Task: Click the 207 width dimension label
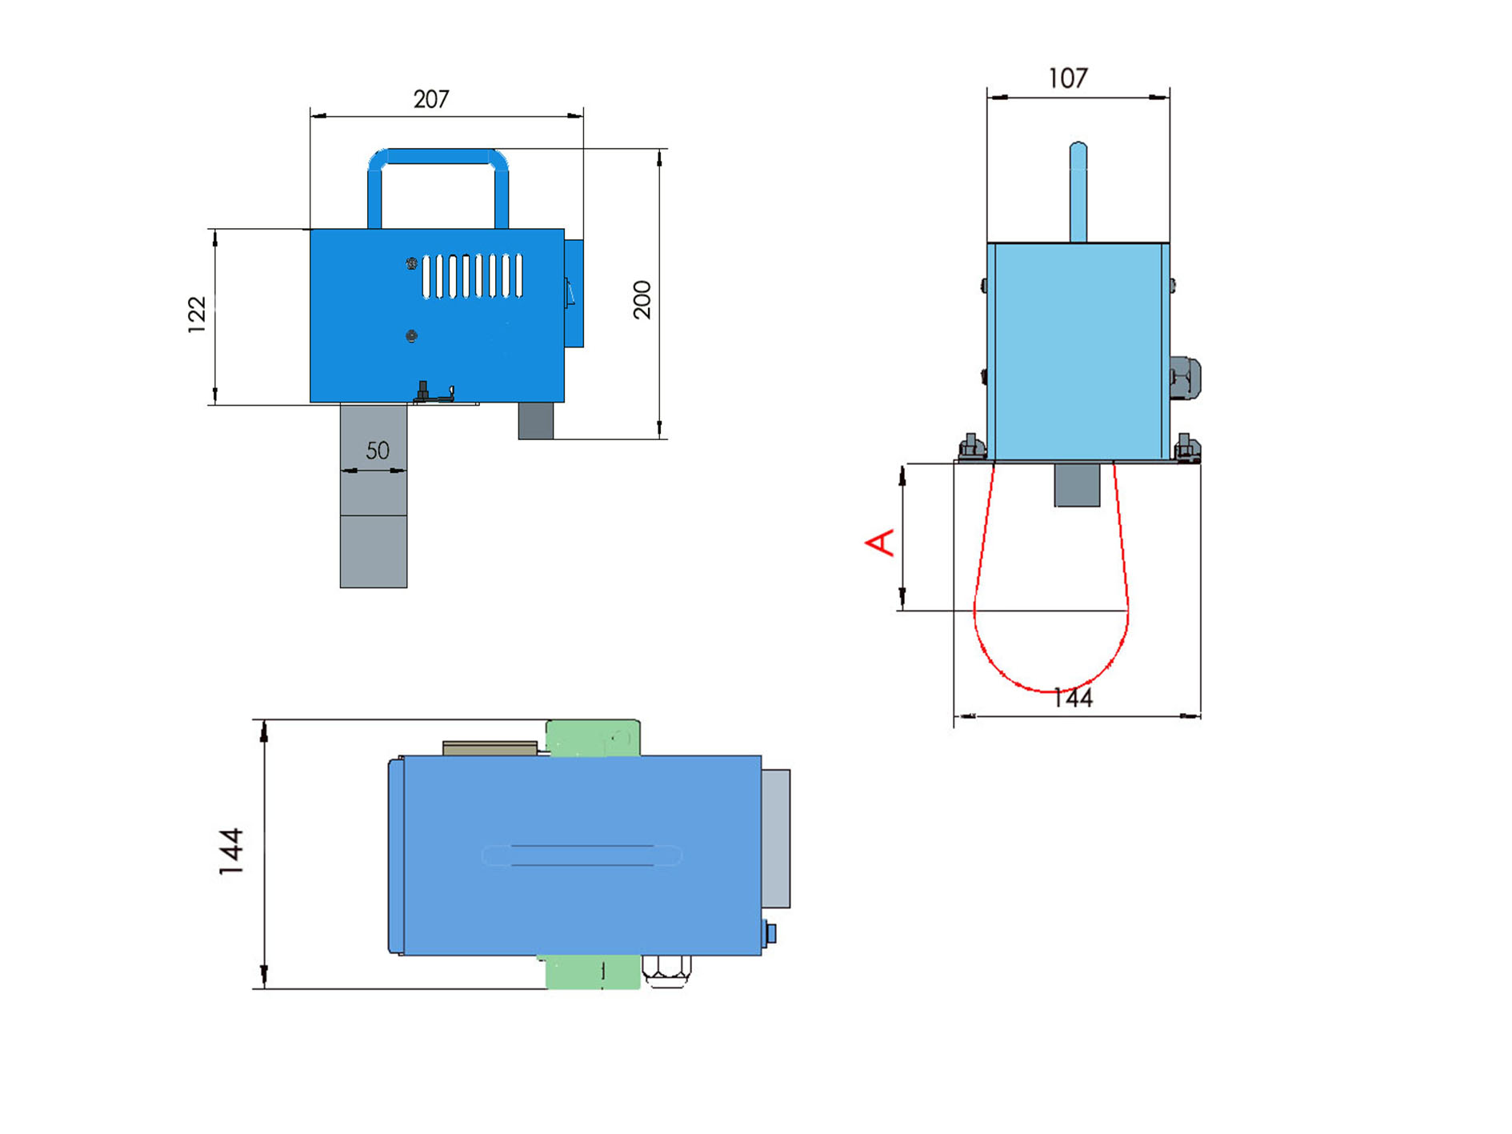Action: point(431,99)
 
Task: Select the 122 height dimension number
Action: point(197,315)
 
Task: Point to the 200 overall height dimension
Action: point(642,300)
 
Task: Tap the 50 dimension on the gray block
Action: point(378,451)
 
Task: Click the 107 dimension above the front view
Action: point(1068,78)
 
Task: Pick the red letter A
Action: point(880,542)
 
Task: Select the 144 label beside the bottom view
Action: point(231,852)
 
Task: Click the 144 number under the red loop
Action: point(1073,699)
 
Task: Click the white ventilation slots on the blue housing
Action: point(472,276)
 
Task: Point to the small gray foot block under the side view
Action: point(536,421)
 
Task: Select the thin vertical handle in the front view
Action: point(1078,192)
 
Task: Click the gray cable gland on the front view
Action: point(1184,378)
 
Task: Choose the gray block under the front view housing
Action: point(1077,483)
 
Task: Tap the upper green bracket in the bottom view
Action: point(593,738)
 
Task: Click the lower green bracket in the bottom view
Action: point(593,972)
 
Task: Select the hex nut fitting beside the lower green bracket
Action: point(666,971)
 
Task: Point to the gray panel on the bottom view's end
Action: point(776,839)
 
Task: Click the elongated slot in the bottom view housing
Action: point(582,856)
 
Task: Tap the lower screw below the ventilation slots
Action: point(411,336)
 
